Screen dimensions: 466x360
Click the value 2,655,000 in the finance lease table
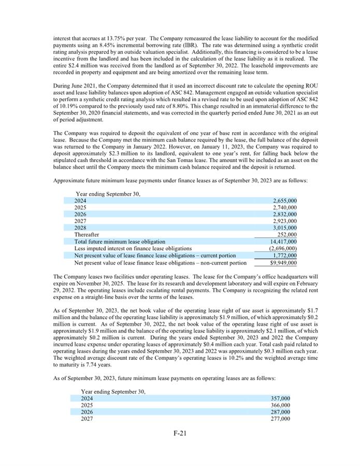(x=284, y=201)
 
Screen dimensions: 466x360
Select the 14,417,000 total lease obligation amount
(x=283, y=241)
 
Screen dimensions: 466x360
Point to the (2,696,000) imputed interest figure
(x=283, y=249)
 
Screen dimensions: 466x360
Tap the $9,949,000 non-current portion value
(x=283, y=263)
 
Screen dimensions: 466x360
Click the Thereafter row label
(x=87, y=235)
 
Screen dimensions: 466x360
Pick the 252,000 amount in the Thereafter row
(x=287, y=235)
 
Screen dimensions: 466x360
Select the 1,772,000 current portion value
(x=284, y=255)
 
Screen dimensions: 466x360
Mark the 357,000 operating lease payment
(x=281, y=399)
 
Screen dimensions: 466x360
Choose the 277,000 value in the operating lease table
(x=281, y=419)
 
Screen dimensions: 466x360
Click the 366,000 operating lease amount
(x=281, y=405)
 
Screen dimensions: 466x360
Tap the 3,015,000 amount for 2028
(x=284, y=228)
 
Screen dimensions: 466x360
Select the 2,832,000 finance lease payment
(x=284, y=214)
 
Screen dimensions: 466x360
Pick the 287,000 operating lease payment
(x=281, y=412)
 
